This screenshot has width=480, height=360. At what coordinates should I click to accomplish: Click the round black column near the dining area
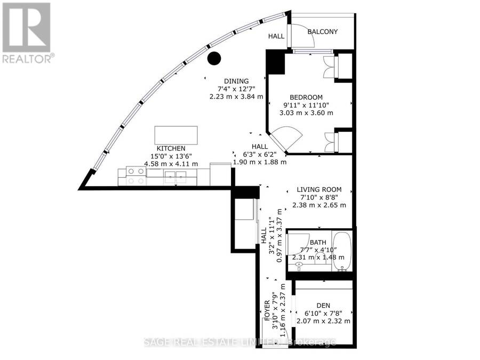pos(214,59)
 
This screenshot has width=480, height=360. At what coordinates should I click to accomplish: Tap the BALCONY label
pos(322,31)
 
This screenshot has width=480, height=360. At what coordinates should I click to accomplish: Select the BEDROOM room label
pos(306,98)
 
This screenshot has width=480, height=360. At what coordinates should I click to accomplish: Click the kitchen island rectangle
pos(176,135)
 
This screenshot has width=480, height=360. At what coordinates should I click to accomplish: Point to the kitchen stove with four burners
pos(136,175)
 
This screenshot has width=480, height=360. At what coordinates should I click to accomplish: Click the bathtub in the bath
pos(342,251)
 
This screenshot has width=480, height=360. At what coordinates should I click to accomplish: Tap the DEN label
pos(323,306)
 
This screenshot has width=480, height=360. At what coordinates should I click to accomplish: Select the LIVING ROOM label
pos(319,189)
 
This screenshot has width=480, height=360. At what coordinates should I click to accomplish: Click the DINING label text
pos(236,81)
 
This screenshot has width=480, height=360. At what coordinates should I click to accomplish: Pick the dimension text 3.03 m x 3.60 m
pos(306,113)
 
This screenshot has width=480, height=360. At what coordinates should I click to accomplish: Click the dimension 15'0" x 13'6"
pos(171,156)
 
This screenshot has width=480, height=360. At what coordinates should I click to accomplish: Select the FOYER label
pos(267,310)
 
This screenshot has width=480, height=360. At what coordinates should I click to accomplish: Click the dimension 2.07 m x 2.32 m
pos(323,321)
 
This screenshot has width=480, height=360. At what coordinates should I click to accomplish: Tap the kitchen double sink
pos(175,177)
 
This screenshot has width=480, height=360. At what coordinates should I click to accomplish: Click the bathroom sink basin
pos(299,265)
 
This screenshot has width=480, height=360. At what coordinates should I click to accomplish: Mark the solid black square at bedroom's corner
pos(275,62)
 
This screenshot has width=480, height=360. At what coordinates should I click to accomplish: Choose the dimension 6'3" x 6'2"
pos(260,154)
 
